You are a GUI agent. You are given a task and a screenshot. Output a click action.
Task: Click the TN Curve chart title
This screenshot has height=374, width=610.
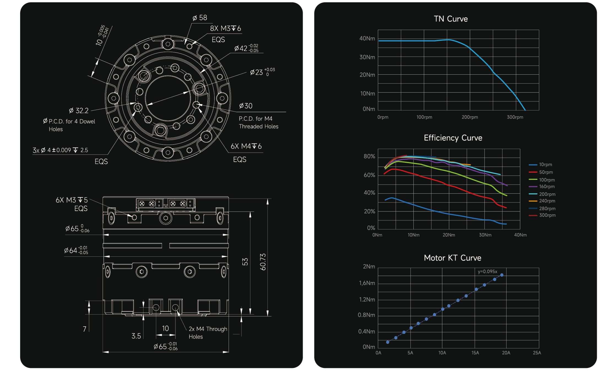pyautogui.click(x=451, y=19)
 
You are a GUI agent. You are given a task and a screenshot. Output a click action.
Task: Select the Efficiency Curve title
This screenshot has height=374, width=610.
pyautogui.click(x=453, y=138)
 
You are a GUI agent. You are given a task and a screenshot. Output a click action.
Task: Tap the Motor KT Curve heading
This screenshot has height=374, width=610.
pyautogui.click(x=452, y=258)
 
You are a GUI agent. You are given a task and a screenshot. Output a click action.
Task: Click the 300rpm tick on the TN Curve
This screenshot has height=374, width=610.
pyautogui.click(x=515, y=117)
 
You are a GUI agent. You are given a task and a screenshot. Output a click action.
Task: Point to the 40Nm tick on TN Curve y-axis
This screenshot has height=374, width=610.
pyautogui.click(x=367, y=39)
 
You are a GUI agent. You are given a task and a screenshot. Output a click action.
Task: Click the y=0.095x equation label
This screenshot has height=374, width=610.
pyautogui.click(x=487, y=272)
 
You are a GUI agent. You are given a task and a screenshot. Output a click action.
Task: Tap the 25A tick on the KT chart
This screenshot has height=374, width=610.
pyautogui.click(x=537, y=353)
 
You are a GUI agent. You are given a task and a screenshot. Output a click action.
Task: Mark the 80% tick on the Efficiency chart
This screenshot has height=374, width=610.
pyautogui.click(x=369, y=156)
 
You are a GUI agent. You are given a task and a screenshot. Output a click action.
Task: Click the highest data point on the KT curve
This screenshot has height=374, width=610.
pyautogui.click(x=502, y=275)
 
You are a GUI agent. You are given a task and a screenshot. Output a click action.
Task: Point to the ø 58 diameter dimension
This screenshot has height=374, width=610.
pyautogui.click(x=200, y=18)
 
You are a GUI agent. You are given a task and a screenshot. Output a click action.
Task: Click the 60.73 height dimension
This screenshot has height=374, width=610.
pyautogui.click(x=263, y=262)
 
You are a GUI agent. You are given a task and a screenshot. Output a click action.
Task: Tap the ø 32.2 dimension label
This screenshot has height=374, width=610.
pyautogui.click(x=78, y=111)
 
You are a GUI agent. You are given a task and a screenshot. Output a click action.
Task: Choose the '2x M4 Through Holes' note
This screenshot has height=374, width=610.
pyautogui.click(x=208, y=333)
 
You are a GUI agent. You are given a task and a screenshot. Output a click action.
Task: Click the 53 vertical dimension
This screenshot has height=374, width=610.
pyautogui.click(x=245, y=262)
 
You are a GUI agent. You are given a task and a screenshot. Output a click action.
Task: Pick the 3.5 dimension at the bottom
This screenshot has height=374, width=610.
pyautogui.click(x=136, y=336)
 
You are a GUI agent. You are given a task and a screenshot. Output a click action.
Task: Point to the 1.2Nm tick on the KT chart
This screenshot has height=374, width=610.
pyautogui.click(x=367, y=300)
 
